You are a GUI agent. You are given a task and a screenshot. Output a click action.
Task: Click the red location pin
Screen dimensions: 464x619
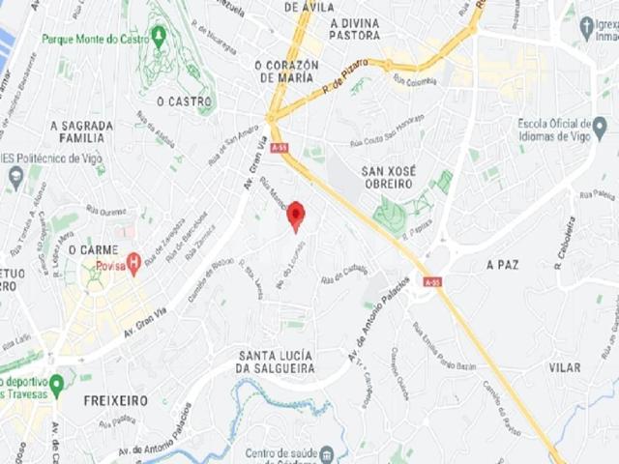(x=297, y=215)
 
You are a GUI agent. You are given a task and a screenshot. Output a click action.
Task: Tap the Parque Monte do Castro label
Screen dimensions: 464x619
(x=96, y=39)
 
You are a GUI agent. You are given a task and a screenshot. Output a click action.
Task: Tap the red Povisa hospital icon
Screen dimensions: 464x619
(x=134, y=259)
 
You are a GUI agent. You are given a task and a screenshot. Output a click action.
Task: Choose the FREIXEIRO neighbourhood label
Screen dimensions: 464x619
(x=115, y=399)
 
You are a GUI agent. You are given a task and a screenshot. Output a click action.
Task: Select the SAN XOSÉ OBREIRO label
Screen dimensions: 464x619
(x=388, y=177)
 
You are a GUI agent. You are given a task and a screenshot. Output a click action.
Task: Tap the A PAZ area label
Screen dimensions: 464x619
(x=504, y=264)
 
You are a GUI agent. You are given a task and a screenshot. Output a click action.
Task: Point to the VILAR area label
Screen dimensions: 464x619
(x=565, y=368)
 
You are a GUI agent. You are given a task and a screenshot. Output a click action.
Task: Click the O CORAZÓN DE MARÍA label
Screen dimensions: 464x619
(x=285, y=71)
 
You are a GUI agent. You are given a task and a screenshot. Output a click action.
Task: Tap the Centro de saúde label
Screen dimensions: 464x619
(x=281, y=453)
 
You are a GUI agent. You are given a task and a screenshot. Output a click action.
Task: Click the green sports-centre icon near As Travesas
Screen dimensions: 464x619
(x=57, y=384)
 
